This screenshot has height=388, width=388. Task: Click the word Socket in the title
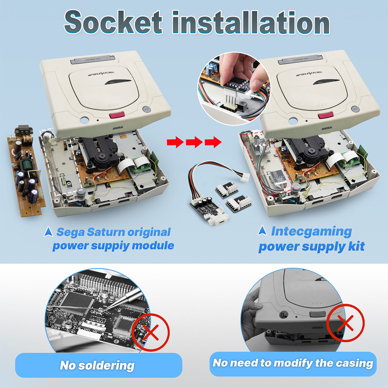(x=113, y=22)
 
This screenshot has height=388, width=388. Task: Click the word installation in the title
(x=251, y=22)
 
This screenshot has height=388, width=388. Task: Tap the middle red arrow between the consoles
(x=194, y=142)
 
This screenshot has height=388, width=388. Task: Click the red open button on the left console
(x=117, y=115)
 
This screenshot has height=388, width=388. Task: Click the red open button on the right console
(x=326, y=115)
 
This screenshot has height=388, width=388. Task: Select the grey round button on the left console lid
(x=146, y=109)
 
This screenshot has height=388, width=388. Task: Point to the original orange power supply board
(x=26, y=173)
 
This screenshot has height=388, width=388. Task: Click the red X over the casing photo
(x=345, y=323)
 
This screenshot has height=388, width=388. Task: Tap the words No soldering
(x=97, y=365)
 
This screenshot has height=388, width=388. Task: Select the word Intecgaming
(x=311, y=232)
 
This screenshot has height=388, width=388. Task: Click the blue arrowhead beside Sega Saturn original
(x=49, y=232)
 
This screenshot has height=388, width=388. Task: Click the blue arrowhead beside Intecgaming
(x=262, y=231)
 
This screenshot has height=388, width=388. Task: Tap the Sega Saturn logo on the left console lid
(x=101, y=73)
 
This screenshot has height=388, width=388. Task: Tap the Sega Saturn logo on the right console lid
(x=309, y=73)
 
